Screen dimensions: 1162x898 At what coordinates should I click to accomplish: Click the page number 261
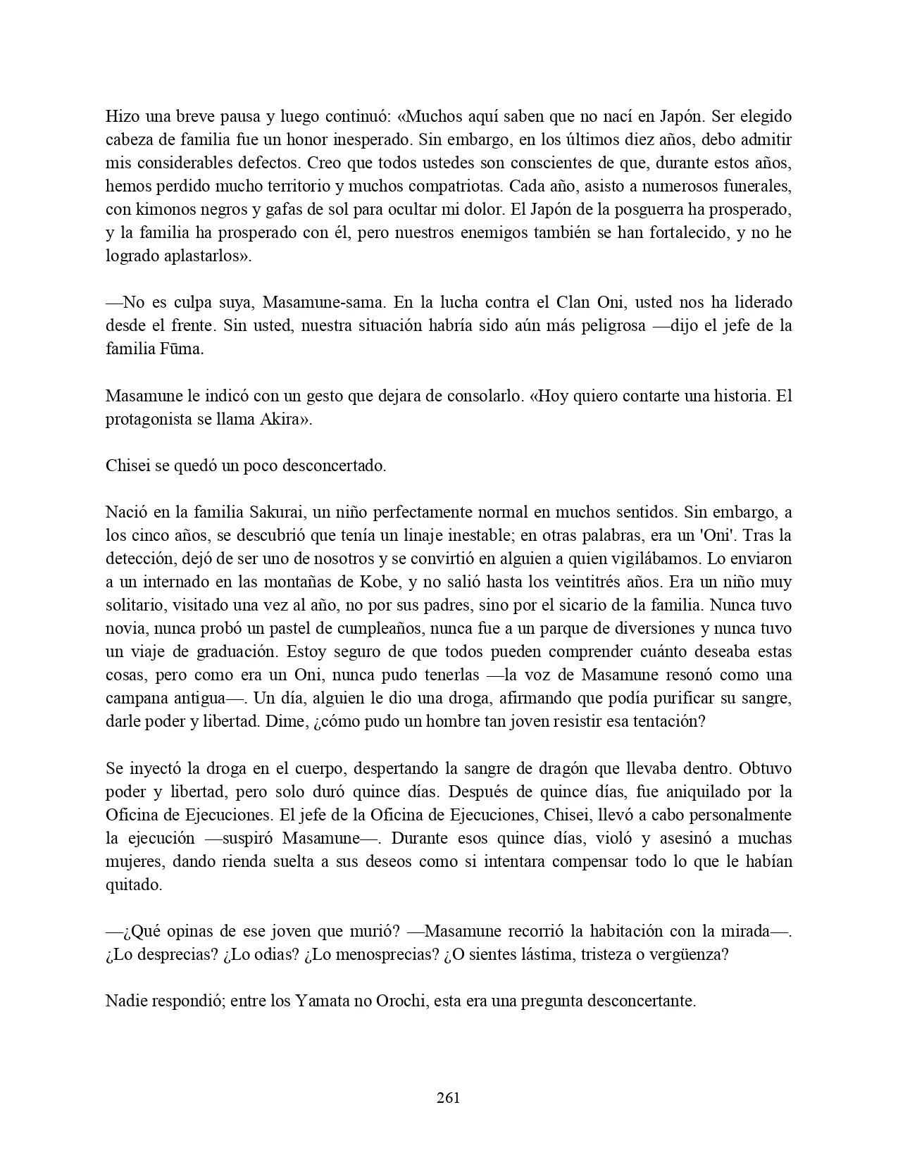click(x=449, y=1097)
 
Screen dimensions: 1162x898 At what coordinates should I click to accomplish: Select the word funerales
click(x=759, y=186)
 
